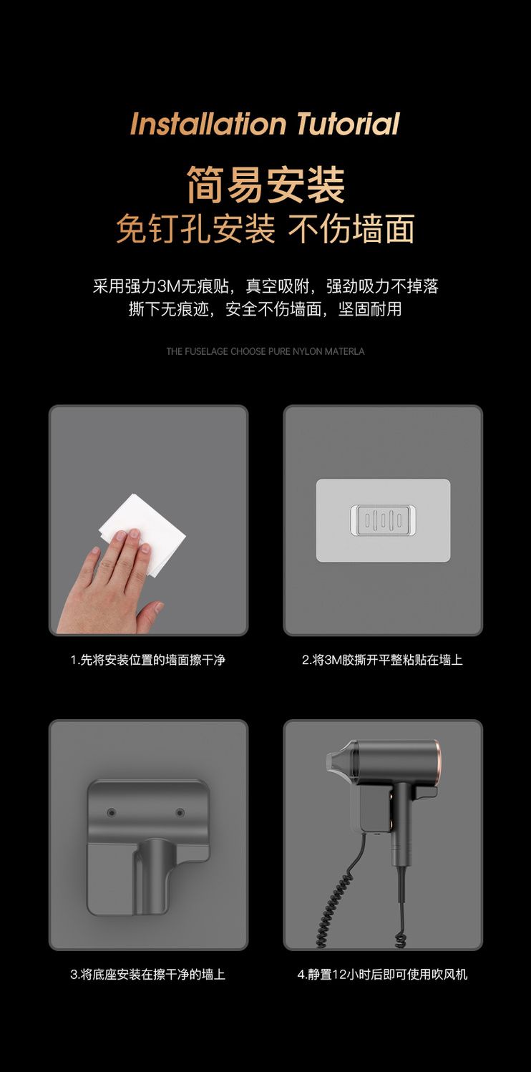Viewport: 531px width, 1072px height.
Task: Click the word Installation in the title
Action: [208, 124]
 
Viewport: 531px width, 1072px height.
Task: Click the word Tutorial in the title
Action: [348, 124]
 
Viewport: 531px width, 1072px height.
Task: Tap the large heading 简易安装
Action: [265, 185]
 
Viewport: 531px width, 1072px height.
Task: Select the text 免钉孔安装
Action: [195, 229]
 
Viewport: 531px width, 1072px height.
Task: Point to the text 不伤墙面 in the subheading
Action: [351, 229]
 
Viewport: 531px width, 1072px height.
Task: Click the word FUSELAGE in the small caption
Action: [205, 351]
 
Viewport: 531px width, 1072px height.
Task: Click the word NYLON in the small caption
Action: [307, 351]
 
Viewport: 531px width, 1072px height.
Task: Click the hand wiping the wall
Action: [110, 589]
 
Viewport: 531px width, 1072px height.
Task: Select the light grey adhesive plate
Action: [383, 520]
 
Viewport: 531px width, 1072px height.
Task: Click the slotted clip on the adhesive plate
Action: [383, 520]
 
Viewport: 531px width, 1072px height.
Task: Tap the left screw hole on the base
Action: [112, 812]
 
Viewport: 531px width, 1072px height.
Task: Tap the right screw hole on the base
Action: [180, 812]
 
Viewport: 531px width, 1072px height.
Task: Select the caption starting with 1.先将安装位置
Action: [148, 660]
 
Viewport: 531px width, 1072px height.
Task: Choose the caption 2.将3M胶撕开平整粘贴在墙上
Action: [382, 660]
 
